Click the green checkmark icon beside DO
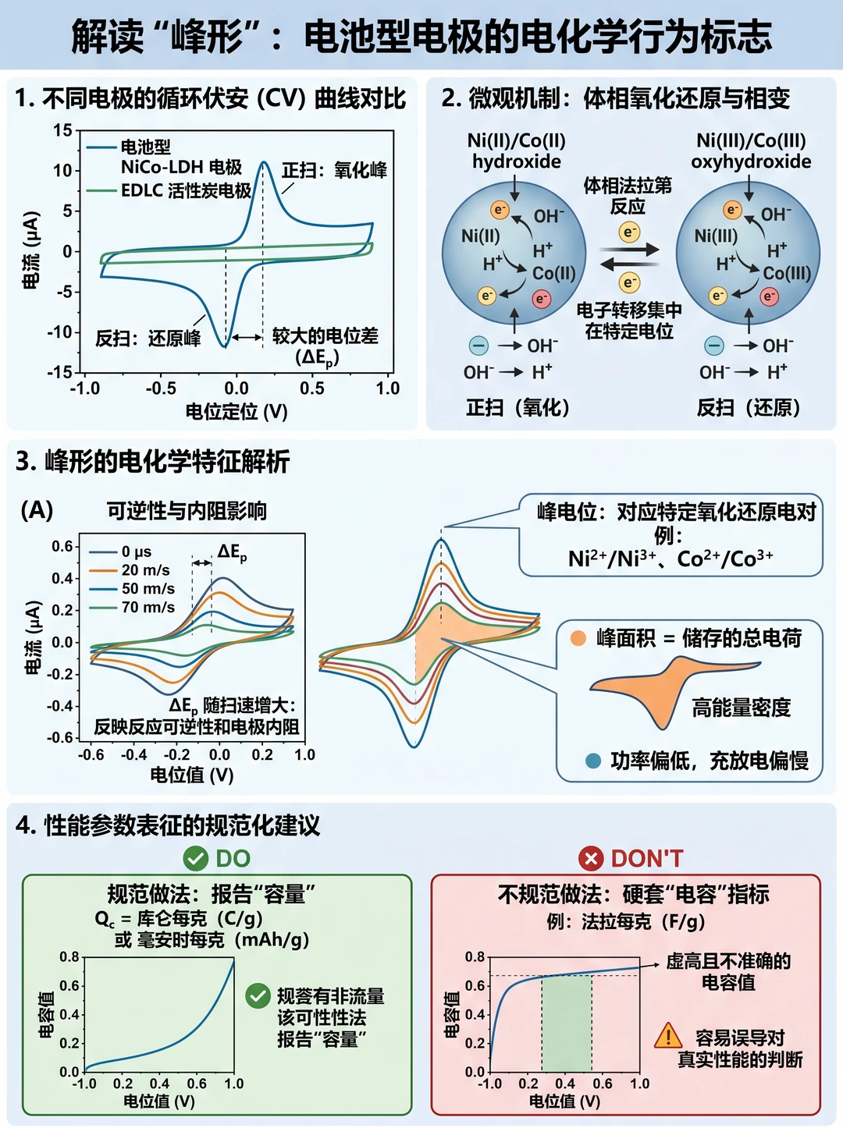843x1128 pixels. pyautogui.click(x=195, y=858)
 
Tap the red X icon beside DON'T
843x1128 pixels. pyautogui.click(x=591, y=858)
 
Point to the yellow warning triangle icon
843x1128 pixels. pyautogui.click(x=667, y=1036)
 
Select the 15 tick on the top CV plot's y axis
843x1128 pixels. pyautogui.click(x=62, y=130)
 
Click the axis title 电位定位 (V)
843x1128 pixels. pyautogui.click(x=237, y=412)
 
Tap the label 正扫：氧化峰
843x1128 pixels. pyautogui.click(x=334, y=170)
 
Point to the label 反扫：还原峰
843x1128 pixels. pyautogui.click(x=148, y=339)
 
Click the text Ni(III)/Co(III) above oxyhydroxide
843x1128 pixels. pyautogui.click(x=751, y=140)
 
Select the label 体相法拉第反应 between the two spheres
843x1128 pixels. pyautogui.click(x=628, y=195)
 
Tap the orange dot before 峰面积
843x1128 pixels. pyautogui.click(x=578, y=638)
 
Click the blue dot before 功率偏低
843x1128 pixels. pyautogui.click(x=593, y=761)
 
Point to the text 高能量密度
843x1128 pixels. pyautogui.click(x=741, y=708)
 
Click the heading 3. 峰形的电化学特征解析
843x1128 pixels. pyautogui.click(x=153, y=461)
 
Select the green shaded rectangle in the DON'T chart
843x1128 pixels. pyautogui.click(x=567, y=1023)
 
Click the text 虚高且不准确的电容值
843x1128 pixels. pyautogui.click(x=728, y=971)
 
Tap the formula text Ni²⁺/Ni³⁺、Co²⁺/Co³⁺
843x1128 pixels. pyautogui.click(x=670, y=558)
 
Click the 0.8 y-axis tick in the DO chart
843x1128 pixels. pyautogui.click(x=69, y=956)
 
